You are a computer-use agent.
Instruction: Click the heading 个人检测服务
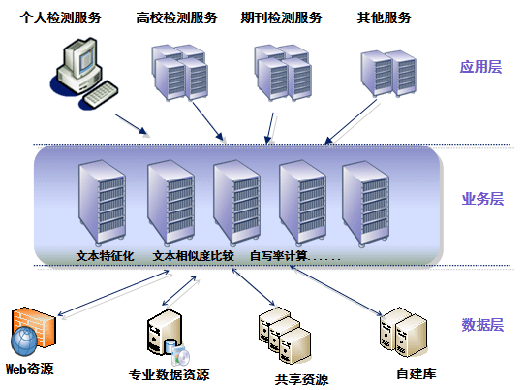(60, 17)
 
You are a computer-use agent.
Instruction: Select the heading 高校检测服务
(177, 17)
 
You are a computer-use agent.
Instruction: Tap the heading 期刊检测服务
(281, 17)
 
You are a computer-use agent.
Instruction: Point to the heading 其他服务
(384, 17)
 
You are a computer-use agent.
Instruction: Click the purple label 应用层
(480, 67)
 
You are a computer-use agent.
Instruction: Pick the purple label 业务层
(482, 199)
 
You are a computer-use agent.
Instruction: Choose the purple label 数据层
(482, 325)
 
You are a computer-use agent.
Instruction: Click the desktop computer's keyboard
(100, 94)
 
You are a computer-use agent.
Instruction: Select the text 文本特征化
(106, 256)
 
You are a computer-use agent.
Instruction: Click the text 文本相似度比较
(193, 256)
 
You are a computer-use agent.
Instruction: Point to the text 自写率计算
(279, 256)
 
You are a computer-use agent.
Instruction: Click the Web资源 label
(30, 369)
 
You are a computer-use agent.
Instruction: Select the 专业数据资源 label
(170, 374)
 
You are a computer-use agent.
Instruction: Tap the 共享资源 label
(301, 379)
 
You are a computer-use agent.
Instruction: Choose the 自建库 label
(417, 374)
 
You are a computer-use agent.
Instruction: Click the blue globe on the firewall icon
(24, 341)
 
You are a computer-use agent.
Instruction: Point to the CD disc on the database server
(182, 357)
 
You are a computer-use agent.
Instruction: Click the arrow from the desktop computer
(131, 124)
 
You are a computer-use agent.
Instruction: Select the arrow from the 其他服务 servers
(352, 121)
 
